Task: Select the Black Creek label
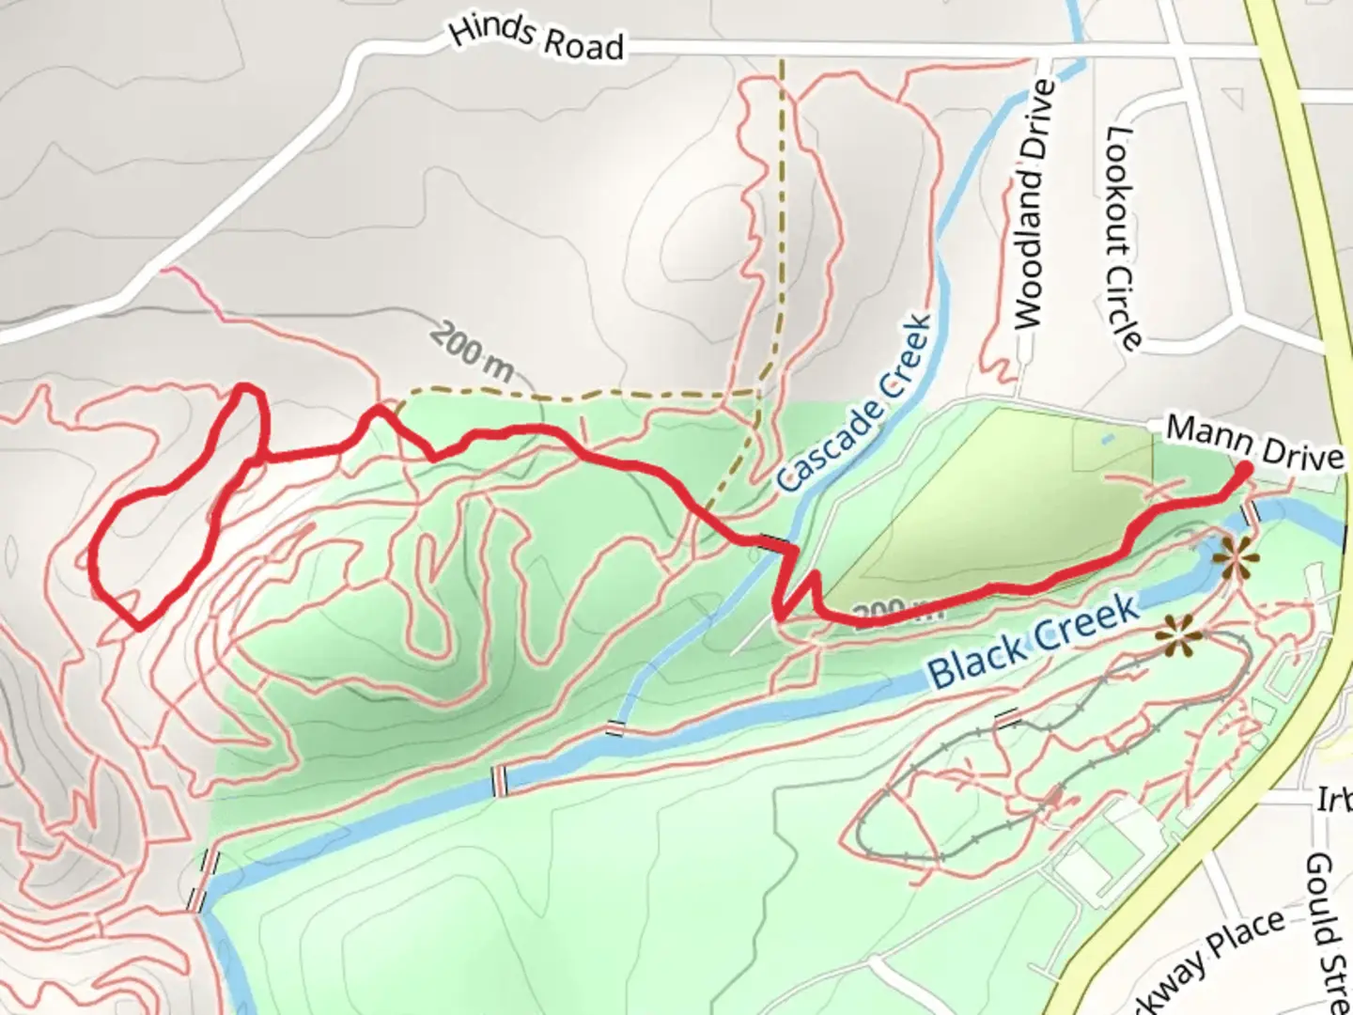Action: [x=1034, y=644]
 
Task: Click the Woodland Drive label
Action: [x=1031, y=205]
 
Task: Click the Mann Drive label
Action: [x=1254, y=443]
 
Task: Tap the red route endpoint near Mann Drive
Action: [x=1244, y=469]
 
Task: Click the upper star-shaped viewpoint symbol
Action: [x=1235, y=561]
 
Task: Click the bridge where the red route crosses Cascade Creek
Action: [x=772, y=543]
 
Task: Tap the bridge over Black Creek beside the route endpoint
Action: [x=1251, y=515]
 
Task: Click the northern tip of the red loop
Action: [x=245, y=387]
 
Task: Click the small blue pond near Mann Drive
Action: [x=1106, y=438]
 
